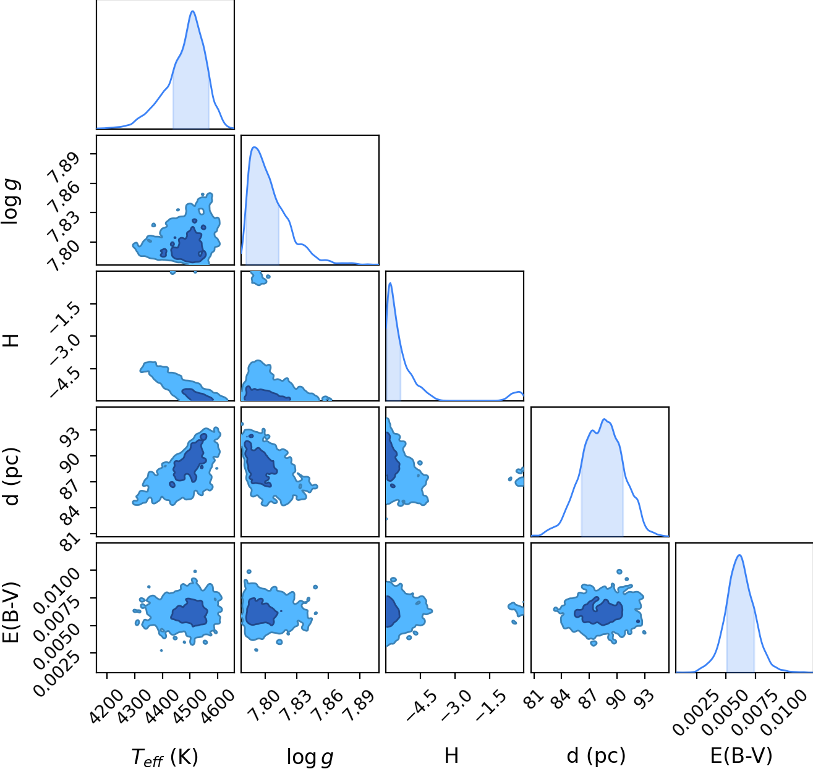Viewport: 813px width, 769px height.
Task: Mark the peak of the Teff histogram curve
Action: (193, 11)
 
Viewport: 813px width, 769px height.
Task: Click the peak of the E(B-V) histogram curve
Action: (739, 555)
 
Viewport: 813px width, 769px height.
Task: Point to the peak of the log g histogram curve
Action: (255, 147)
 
